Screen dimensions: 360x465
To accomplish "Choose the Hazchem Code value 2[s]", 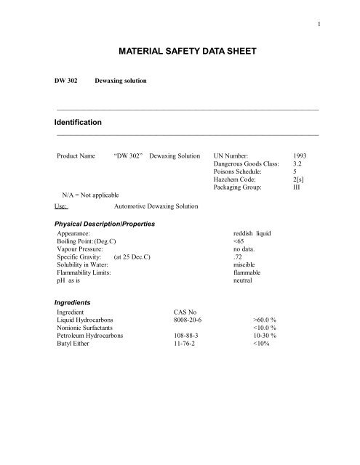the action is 297,187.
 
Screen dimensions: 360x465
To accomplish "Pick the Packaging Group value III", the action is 296,198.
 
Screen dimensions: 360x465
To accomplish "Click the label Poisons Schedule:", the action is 239,177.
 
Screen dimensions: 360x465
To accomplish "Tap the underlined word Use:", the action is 65,206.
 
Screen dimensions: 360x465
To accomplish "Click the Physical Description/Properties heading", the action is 103,226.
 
